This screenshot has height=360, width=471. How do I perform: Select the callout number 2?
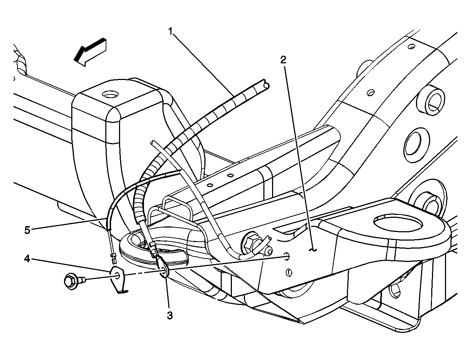[283, 60]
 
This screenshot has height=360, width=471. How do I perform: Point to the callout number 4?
[27, 259]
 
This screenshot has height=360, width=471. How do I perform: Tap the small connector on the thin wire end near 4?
[113, 259]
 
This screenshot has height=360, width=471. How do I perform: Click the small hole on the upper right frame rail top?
[411, 47]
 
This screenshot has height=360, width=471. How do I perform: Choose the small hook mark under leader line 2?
[314, 249]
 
